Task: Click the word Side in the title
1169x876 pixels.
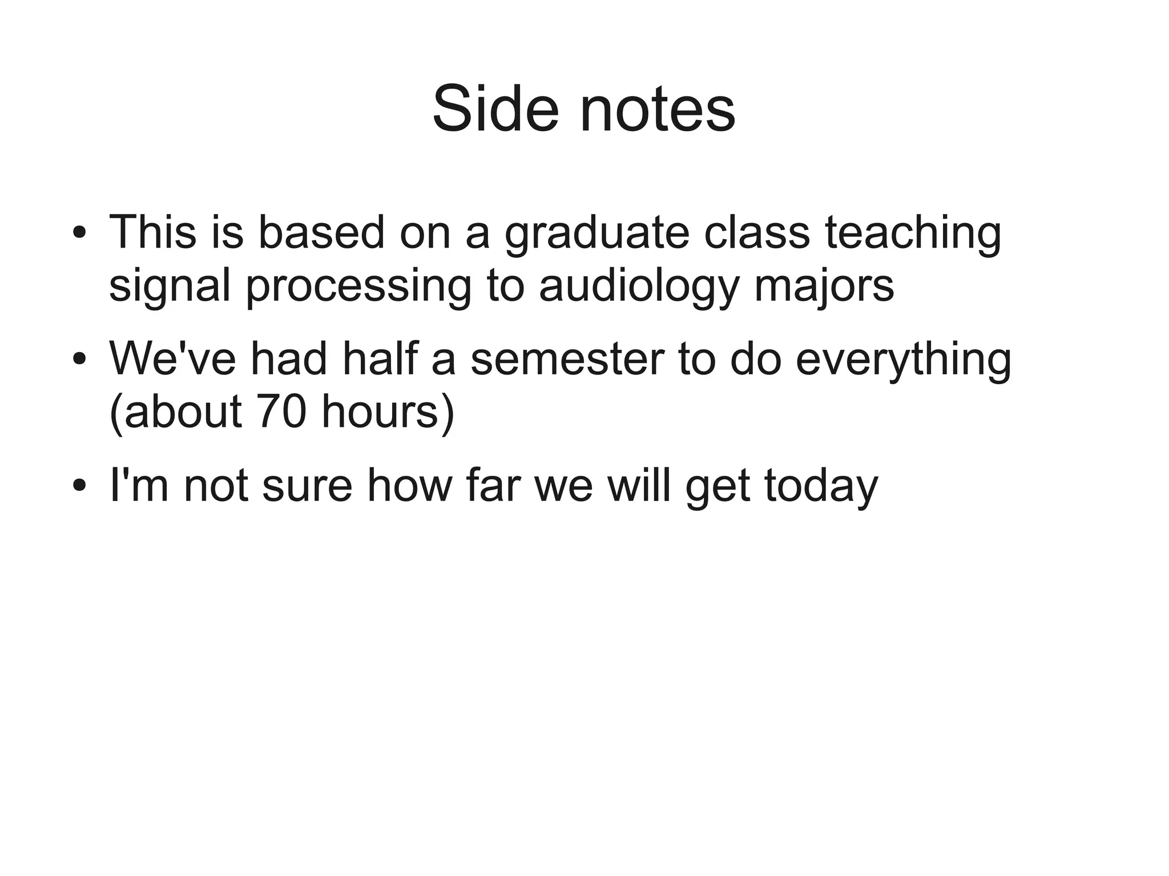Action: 495,108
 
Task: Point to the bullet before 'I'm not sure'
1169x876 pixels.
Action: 79,486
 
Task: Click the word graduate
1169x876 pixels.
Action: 596,234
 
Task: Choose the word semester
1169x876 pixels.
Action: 567,360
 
